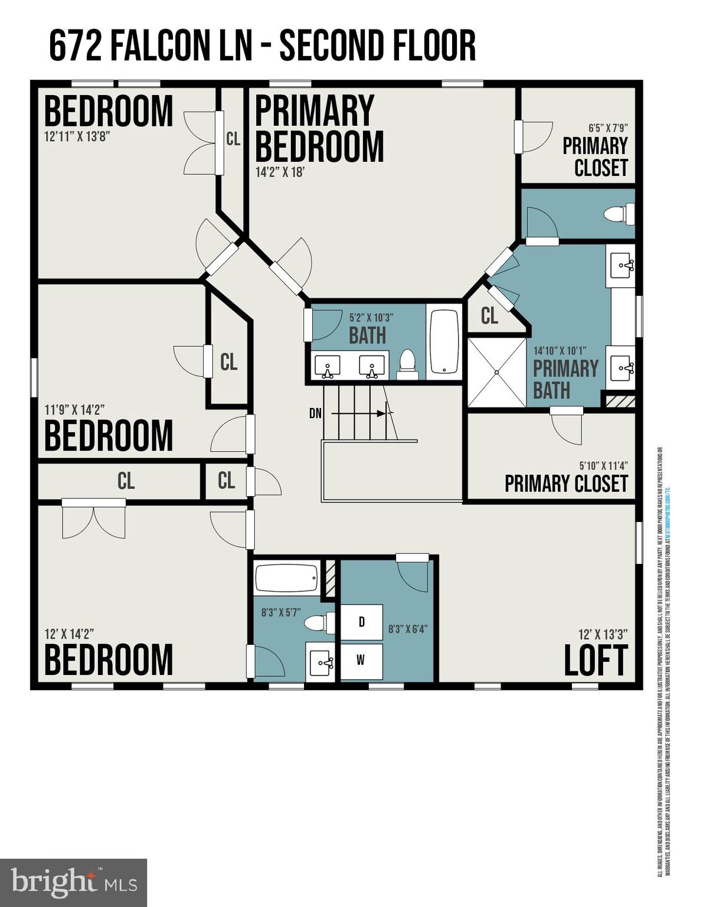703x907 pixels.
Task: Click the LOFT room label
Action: [x=595, y=661]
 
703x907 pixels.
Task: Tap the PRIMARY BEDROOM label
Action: [x=319, y=129]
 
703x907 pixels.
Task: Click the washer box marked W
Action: [x=361, y=661]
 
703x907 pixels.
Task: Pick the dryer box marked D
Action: [x=361, y=621]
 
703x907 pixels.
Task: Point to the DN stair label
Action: [x=315, y=413]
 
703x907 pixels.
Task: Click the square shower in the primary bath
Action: [x=496, y=372]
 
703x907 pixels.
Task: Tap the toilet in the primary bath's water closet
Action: [x=620, y=213]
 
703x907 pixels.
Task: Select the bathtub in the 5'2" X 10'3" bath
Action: [x=444, y=342]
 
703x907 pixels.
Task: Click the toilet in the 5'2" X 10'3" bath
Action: [x=407, y=364]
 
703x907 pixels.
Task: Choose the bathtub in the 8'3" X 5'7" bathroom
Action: [x=287, y=578]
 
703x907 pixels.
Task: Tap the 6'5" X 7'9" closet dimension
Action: [x=607, y=128]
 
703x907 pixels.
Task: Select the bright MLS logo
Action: [x=73, y=883]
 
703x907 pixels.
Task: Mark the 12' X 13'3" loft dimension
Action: [x=603, y=634]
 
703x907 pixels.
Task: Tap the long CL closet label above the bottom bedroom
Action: [x=126, y=481]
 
